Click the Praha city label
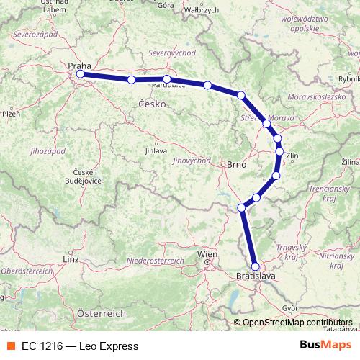coord(79,66)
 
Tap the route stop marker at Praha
coord(80,74)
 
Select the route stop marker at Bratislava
coord(255,266)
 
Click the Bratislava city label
coord(256,275)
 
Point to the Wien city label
coord(207,254)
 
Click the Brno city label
coord(236,165)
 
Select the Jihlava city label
coord(156,151)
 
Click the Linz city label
coord(70,258)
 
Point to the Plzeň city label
coord(11,114)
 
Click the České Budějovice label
coord(86,176)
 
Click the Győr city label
coord(291,307)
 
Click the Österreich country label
coord(102,314)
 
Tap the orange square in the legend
coord(11,346)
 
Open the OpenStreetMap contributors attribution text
coord(297,323)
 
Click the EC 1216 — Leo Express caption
coord(79,346)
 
